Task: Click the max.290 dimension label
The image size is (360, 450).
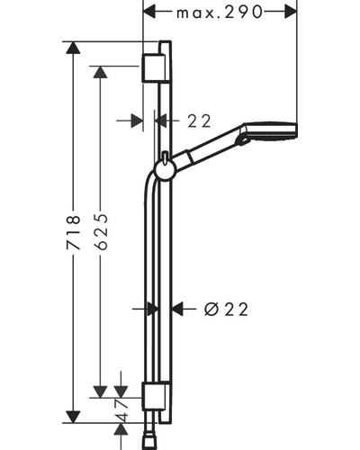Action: tap(220, 13)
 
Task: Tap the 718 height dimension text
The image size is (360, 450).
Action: tap(74, 232)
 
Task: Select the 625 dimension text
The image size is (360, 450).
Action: tap(101, 232)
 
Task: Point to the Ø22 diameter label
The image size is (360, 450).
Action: tap(227, 310)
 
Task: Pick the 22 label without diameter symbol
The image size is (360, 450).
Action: tap(199, 121)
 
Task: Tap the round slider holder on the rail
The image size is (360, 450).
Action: tap(165, 171)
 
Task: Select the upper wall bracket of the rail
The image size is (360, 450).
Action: tap(153, 68)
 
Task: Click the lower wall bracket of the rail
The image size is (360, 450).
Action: tap(153, 396)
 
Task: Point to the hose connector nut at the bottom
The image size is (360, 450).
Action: tap(148, 444)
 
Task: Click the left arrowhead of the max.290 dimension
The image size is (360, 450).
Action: tap(149, 13)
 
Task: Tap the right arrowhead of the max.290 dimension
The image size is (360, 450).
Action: tap(291, 13)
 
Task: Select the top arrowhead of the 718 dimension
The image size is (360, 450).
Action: tap(73, 48)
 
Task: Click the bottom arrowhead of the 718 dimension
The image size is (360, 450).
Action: tap(73, 417)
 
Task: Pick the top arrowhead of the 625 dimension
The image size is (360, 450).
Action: tap(100, 72)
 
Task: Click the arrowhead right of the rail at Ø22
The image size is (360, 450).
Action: tap(177, 308)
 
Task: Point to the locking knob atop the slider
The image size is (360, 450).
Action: tap(165, 158)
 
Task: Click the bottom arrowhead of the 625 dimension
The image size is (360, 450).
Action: tap(100, 391)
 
